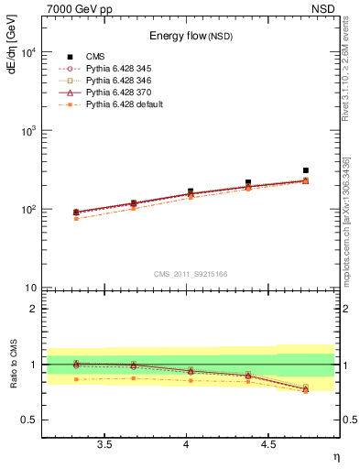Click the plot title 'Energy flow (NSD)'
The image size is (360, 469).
[191, 37]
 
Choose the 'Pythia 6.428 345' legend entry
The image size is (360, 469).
[123, 70]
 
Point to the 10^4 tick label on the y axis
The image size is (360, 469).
[29, 52]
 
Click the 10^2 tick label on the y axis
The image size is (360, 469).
[29, 210]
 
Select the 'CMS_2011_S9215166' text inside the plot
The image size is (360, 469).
[190, 274]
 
